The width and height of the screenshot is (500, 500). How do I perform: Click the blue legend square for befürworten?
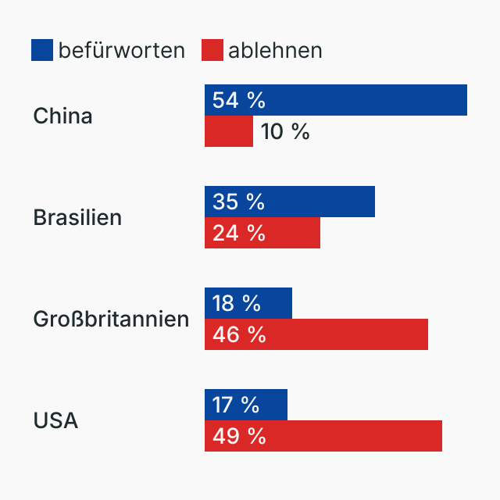tap(42, 50)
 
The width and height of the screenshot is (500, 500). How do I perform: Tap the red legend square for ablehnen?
tap(212, 50)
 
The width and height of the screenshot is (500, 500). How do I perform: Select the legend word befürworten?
tap(121, 50)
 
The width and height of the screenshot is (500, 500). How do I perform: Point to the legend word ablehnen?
tap(275, 50)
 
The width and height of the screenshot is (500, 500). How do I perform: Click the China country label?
tap(62, 116)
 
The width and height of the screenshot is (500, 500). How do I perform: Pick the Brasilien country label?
tap(77, 217)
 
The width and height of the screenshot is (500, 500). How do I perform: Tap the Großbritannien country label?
tap(111, 319)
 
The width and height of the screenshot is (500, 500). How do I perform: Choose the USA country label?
tap(55, 420)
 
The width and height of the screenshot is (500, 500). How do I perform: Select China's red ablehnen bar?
tap(229, 131)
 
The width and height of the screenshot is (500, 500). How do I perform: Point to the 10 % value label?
tap(285, 131)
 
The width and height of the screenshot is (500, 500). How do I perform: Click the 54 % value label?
tap(238, 100)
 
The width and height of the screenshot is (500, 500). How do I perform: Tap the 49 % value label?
tap(238, 436)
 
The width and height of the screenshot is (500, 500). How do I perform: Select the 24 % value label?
tap(238, 233)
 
